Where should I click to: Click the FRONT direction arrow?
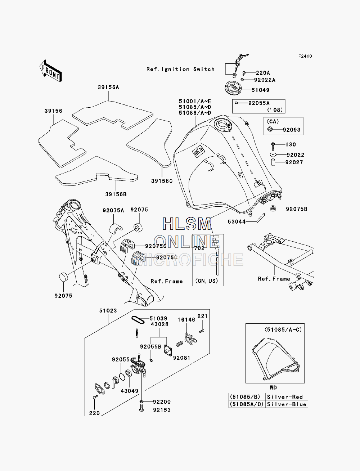(51, 71)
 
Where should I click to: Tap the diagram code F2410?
(305, 56)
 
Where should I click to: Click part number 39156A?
(108, 88)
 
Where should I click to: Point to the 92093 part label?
(292, 130)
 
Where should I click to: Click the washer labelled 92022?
(273, 154)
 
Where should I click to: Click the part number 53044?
(237, 222)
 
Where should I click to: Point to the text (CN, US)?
(207, 281)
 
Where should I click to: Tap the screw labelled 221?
(201, 331)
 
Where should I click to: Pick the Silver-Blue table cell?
(287, 404)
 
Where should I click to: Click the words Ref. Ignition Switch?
(180, 69)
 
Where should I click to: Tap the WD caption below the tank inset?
(273, 387)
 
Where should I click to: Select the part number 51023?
(108, 310)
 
